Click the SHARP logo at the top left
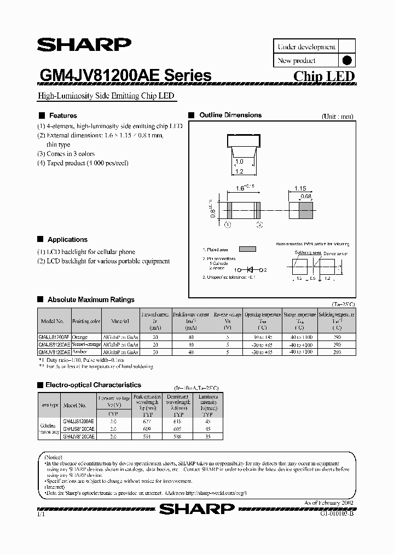pos(84,45)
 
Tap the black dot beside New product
pos(346,61)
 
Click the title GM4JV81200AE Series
pos(125,76)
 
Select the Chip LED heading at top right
pos(324,77)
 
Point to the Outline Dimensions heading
pos(230,116)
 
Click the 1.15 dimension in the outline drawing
pos(300,189)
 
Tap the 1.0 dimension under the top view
pos(239,162)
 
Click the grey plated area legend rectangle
pos(247,249)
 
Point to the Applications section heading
pos(67,240)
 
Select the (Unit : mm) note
pos(338,116)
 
